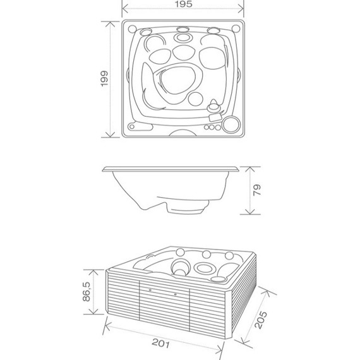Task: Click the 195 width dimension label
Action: (x=183, y=4)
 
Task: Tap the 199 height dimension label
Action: (x=104, y=79)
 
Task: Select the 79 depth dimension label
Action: (x=257, y=190)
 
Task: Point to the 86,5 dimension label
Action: (x=87, y=291)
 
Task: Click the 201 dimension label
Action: (x=161, y=344)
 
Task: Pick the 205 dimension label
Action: (x=261, y=320)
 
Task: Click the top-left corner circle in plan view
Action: (x=132, y=29)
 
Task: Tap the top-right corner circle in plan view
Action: (x=236, y=28)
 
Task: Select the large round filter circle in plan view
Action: (x=231, y=124)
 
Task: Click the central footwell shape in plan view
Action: (x=177, y=80)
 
